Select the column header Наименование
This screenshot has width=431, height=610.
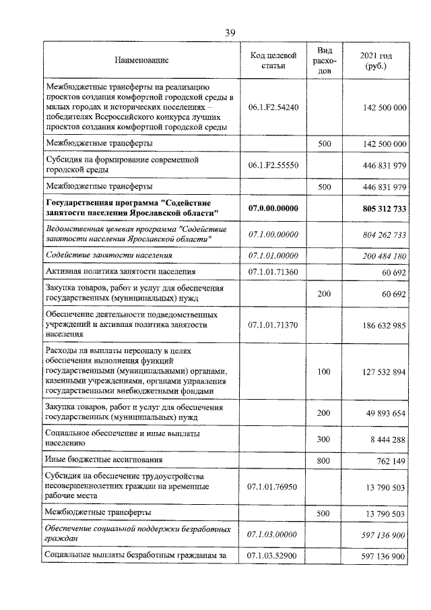[141, 61]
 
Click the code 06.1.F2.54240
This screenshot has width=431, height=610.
[274, 107]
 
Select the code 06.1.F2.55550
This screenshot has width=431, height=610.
[274, 164]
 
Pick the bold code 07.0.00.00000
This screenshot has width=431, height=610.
[274, 208]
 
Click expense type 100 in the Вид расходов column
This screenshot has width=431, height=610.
[324, 370]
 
